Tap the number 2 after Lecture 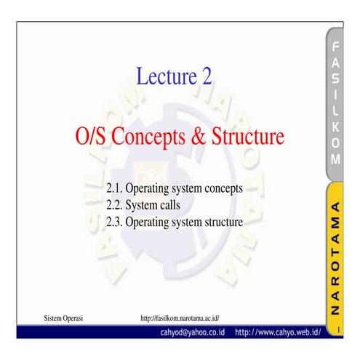click(x=206, y=76)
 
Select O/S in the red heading click(x=92, y=136)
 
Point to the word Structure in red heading click(x=245, y=136)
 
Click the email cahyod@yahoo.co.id click(x=193, y=332)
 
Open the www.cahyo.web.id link click(x=278, y=332)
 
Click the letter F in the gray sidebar click(x=335, y=47)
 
